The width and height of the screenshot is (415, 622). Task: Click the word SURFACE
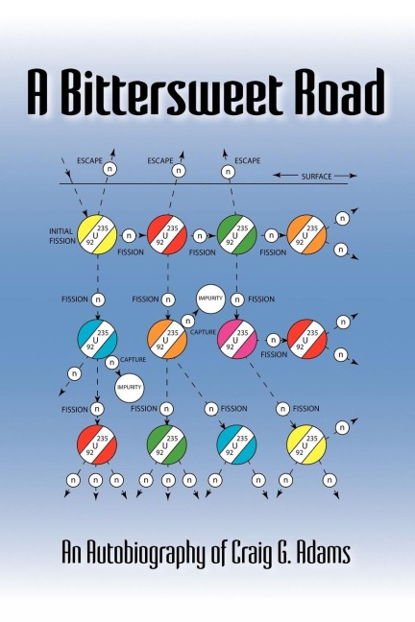pyautogui.click(x=316, y=177)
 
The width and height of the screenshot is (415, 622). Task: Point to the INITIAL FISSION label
pyautogui.click(x=62, y=236)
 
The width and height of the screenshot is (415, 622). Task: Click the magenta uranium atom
pyautogui.click(x=236, y=339)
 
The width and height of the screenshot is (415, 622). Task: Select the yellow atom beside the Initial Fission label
pyautogui.click(x=97, y=235)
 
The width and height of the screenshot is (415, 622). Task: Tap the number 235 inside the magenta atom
pyautogui.click(x=243, y=333)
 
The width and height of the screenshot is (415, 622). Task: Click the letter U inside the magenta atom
pyautogui.click(x=235, y=340)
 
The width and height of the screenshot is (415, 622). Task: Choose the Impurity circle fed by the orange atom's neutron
pyautogui.click(x=210, y=299)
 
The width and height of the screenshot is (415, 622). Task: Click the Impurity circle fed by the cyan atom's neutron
pyautogui.click(x=130, y=387)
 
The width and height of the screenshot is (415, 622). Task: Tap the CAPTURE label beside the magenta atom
pyautogui.click(x=203, y=332)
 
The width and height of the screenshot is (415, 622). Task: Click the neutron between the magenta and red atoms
pyautogui.click(x=273, y=340)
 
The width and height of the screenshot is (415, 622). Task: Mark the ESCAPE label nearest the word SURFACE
pyautogui.click(x=248, y=160)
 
